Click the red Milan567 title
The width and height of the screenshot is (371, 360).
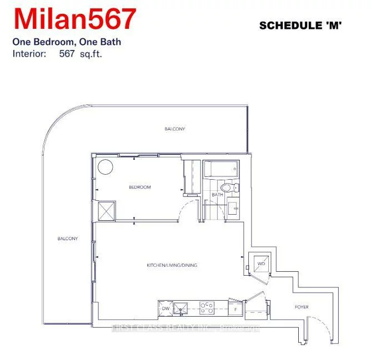[75, 19]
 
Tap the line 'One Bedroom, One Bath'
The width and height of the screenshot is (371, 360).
[66, 42]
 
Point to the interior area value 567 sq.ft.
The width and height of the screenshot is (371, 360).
[81, 54]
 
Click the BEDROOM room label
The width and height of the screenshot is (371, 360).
[139, 187]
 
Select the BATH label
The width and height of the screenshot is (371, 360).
[217, 195]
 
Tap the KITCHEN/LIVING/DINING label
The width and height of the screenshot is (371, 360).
[172, 265]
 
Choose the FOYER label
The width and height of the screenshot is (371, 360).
[302, 307]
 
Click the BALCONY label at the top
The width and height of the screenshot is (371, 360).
[174, 129]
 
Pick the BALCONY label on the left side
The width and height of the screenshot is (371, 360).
[67, 239]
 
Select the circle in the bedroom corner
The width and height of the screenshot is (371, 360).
[105, 166]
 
